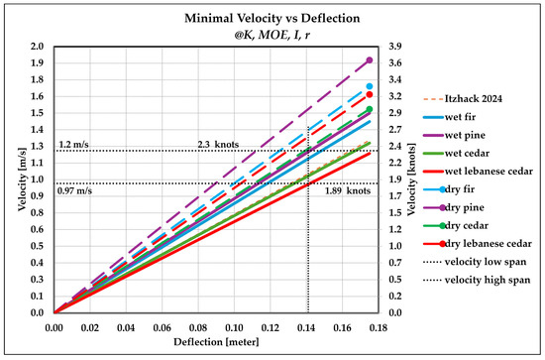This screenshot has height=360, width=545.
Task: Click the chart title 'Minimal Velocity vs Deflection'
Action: (x=272, y=18)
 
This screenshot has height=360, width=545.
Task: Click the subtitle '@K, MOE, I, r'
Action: (x=272, y=35)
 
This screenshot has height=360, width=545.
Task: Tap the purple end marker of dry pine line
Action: (x=370, y=60)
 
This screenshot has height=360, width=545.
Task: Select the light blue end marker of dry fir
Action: (x=370, y=86)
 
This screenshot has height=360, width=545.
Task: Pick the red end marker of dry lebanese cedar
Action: (x=370, y=94)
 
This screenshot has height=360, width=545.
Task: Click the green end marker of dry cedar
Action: (x=370, y=109)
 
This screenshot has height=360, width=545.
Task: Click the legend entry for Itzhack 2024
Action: (x=463, y=99)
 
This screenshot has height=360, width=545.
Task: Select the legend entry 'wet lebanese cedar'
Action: (x=478, y=172)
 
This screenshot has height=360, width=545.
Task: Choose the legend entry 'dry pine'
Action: (x=454, y=207)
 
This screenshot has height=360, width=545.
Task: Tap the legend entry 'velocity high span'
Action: (x=477, y=280)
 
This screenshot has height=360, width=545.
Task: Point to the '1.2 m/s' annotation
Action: (x=73, y=145)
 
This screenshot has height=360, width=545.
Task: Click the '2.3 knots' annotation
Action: (x=218, y=145)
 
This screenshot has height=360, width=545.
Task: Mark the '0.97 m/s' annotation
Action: (x=74, y=191)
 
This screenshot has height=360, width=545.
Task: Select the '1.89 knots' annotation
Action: (x=348, y=191)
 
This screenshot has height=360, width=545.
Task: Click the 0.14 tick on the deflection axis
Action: (x=306, y=327)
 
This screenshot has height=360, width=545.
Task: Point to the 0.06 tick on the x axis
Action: (x=162, y=327)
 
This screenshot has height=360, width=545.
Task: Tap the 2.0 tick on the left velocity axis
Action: (x=38, y=47)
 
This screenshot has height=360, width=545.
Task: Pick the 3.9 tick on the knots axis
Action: (x=395, y=47)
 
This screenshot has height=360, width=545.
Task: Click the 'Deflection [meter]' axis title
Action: (x=216, y=342)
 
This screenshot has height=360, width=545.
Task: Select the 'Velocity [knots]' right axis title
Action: (x=411, y=180)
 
